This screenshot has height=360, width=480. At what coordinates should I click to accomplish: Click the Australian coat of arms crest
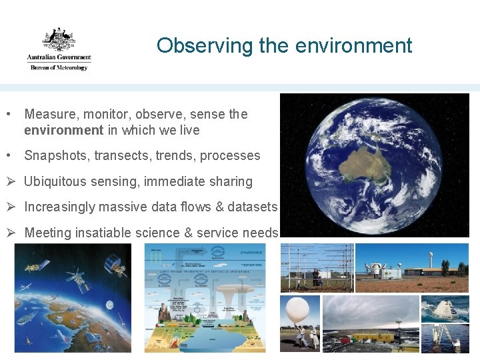[x=59, y=39]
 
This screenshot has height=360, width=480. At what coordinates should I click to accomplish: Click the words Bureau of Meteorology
[x=59, y=67]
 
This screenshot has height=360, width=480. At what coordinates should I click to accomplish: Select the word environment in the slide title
[x=353, y=45]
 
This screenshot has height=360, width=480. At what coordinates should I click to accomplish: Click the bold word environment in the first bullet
[x=63, y=130]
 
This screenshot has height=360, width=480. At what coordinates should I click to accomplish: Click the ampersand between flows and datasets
[x=219, y=207]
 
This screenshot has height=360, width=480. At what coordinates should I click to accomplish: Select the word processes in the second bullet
[x=230, y=155]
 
